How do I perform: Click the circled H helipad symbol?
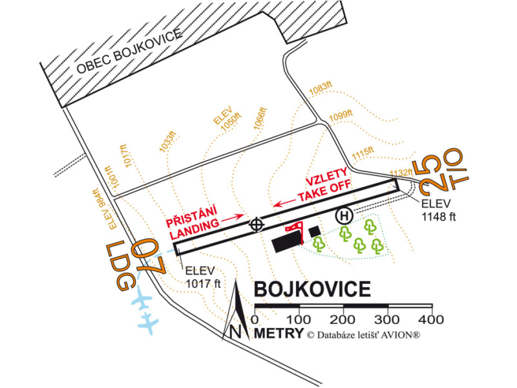[x=344, y=215]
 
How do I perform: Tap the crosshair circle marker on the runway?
[x=257, y=224]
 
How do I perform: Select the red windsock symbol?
[x=297, y=229]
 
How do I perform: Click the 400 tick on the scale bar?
[x=431, y=319]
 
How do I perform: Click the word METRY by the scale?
[x=279, y=334]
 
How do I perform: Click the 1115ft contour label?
[x=363, y=153]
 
